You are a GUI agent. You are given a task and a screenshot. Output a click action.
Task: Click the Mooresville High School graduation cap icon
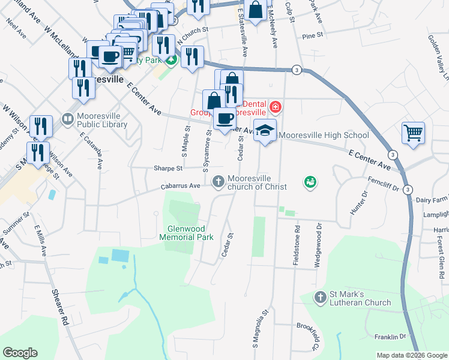pos(264,130)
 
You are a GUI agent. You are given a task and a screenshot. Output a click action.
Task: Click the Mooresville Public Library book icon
pos(67,120)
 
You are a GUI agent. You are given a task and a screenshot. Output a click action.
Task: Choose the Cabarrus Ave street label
pos(180,186)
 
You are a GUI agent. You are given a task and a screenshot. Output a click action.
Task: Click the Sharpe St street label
pos(167,169)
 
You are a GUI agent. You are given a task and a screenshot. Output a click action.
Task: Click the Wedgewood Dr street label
pos(319,237)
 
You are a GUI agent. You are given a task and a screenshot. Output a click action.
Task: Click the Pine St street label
pos(313,36)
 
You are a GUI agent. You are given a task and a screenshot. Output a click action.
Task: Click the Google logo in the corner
pos(20,352)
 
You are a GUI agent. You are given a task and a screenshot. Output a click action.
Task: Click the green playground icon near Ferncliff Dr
pos(310,181)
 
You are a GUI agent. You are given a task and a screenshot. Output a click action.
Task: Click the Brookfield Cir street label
pos(306,334)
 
